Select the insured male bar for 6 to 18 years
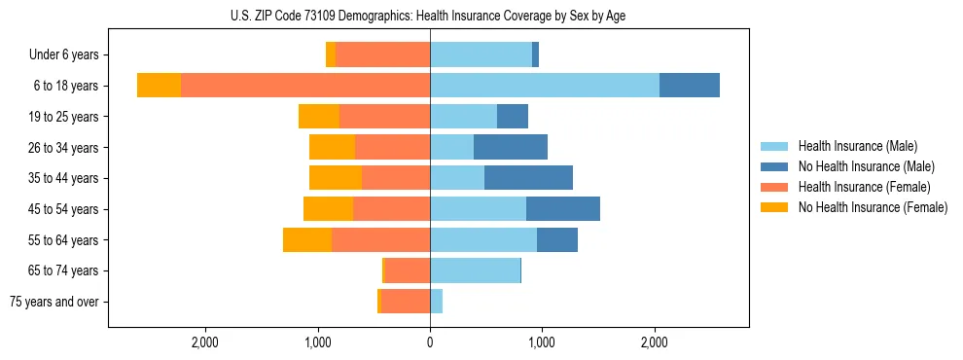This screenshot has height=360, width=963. (544, 86)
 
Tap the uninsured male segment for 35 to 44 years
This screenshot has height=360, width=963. (528, 178)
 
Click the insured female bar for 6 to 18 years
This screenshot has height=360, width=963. (305, 86)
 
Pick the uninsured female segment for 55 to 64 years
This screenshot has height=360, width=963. (307, 240)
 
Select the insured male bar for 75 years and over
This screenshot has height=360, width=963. (436, 302)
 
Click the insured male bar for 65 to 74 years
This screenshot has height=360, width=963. (475, 270)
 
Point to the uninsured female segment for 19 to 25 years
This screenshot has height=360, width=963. (319, 117)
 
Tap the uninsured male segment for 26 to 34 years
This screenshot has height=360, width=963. (511, 148)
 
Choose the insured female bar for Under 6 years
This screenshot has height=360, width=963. (382, 55)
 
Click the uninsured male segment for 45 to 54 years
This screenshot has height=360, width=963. (563, 209)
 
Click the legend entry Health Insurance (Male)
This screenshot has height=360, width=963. (857, 146)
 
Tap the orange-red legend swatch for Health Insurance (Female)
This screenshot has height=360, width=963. (774, 187)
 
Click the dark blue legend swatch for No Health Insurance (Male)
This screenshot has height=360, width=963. (774, 166)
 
